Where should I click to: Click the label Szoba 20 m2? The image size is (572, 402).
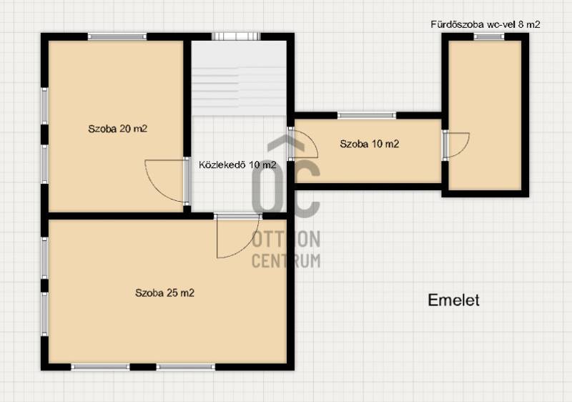(117, 129)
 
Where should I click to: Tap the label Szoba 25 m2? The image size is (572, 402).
(164, 293)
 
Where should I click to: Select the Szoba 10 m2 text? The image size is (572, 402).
(369, 144)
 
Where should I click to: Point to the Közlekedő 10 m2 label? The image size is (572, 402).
(237, 165)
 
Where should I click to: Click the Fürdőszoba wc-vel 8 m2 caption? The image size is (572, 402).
(485, 24)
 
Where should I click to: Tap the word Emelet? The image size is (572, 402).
(453, 300)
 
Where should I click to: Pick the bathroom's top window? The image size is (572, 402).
(489, 36)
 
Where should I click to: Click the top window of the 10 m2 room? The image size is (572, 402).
(367, 116)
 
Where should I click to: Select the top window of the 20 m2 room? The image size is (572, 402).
(117, 36)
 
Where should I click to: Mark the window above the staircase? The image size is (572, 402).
(236, 36)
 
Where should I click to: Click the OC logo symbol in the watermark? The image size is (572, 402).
(286, 175)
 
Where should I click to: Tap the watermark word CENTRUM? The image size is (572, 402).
(286, 260)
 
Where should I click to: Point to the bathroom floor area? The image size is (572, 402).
(485, 115)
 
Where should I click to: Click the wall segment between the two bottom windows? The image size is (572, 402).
(143, 367)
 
